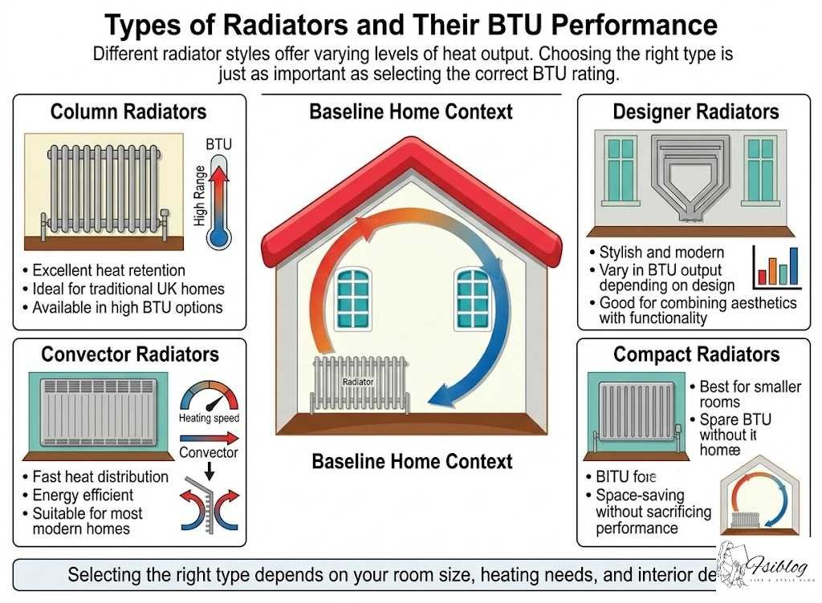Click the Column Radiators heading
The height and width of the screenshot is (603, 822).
coord(128,111)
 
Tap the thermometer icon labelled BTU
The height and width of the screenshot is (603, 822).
coord(218,197)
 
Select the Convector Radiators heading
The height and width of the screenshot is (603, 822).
coord(130,354)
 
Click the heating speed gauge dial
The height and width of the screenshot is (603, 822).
coord(209,397)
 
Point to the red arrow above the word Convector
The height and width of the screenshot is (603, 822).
coord(209,438)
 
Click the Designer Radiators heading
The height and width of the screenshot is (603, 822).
coord(695,111)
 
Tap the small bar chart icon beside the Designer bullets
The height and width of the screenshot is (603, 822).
coord(775,269)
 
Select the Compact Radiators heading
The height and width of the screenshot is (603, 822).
coord(696,354)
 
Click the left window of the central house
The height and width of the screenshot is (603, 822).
coord(353,298)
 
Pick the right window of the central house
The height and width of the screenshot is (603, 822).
coord(473,298)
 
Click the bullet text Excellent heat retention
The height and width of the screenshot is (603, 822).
coord(108,270)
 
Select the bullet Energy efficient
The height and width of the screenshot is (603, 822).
coord(83,495)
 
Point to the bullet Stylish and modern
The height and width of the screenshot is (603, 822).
coord(661,253)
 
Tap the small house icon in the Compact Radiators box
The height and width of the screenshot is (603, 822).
coord(759,499)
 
